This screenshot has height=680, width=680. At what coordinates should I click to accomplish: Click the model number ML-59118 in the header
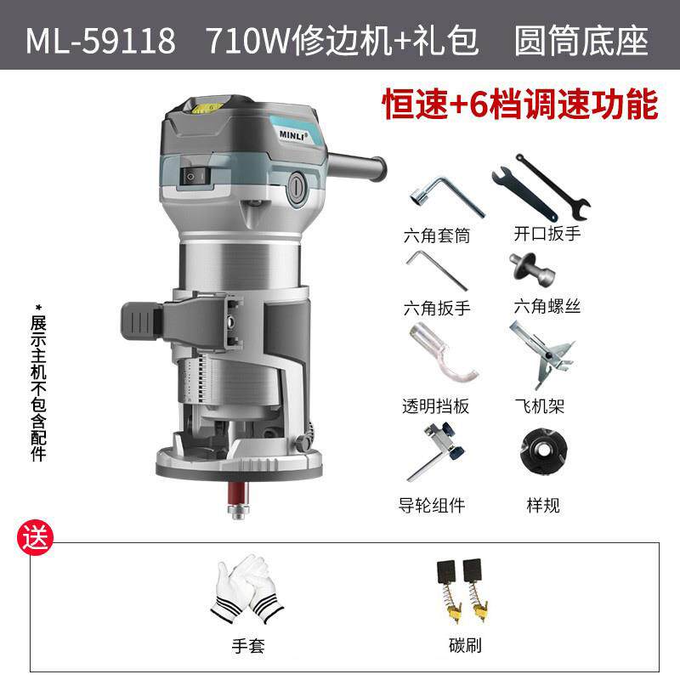(100, 40)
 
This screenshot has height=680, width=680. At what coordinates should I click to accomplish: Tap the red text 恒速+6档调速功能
(520, 105)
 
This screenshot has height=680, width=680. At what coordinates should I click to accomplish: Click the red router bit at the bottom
(235, 491)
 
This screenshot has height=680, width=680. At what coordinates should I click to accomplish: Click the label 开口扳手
(547, 233)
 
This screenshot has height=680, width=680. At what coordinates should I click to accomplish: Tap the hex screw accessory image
(534, 270)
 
